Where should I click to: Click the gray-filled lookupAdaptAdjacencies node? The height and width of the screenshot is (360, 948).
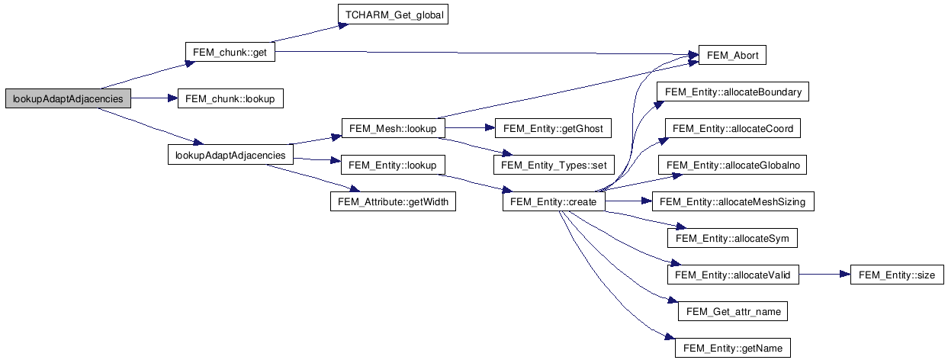[68, 98]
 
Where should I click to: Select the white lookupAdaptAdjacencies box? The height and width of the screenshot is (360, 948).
[230, 155]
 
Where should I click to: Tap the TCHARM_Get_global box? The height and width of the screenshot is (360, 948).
[391, 14]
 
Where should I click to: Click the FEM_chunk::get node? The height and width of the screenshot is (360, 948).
[230, 53]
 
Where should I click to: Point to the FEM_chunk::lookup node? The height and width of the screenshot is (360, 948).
[230, 98]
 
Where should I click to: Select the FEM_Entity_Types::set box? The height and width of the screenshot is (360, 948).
[553, 164]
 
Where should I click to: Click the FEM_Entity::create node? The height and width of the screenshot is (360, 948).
[554, 202]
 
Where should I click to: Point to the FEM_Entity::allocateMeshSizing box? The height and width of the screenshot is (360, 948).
[733, 202]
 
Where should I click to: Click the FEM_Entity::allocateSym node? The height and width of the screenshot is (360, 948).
[733, 239]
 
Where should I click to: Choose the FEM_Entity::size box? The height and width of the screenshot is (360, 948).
[898, 275]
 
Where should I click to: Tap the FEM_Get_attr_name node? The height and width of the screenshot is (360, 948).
[733, 312]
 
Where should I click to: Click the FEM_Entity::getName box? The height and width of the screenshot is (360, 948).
[733, 349]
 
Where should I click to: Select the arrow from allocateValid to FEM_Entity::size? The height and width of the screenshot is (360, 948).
[824, 275]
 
